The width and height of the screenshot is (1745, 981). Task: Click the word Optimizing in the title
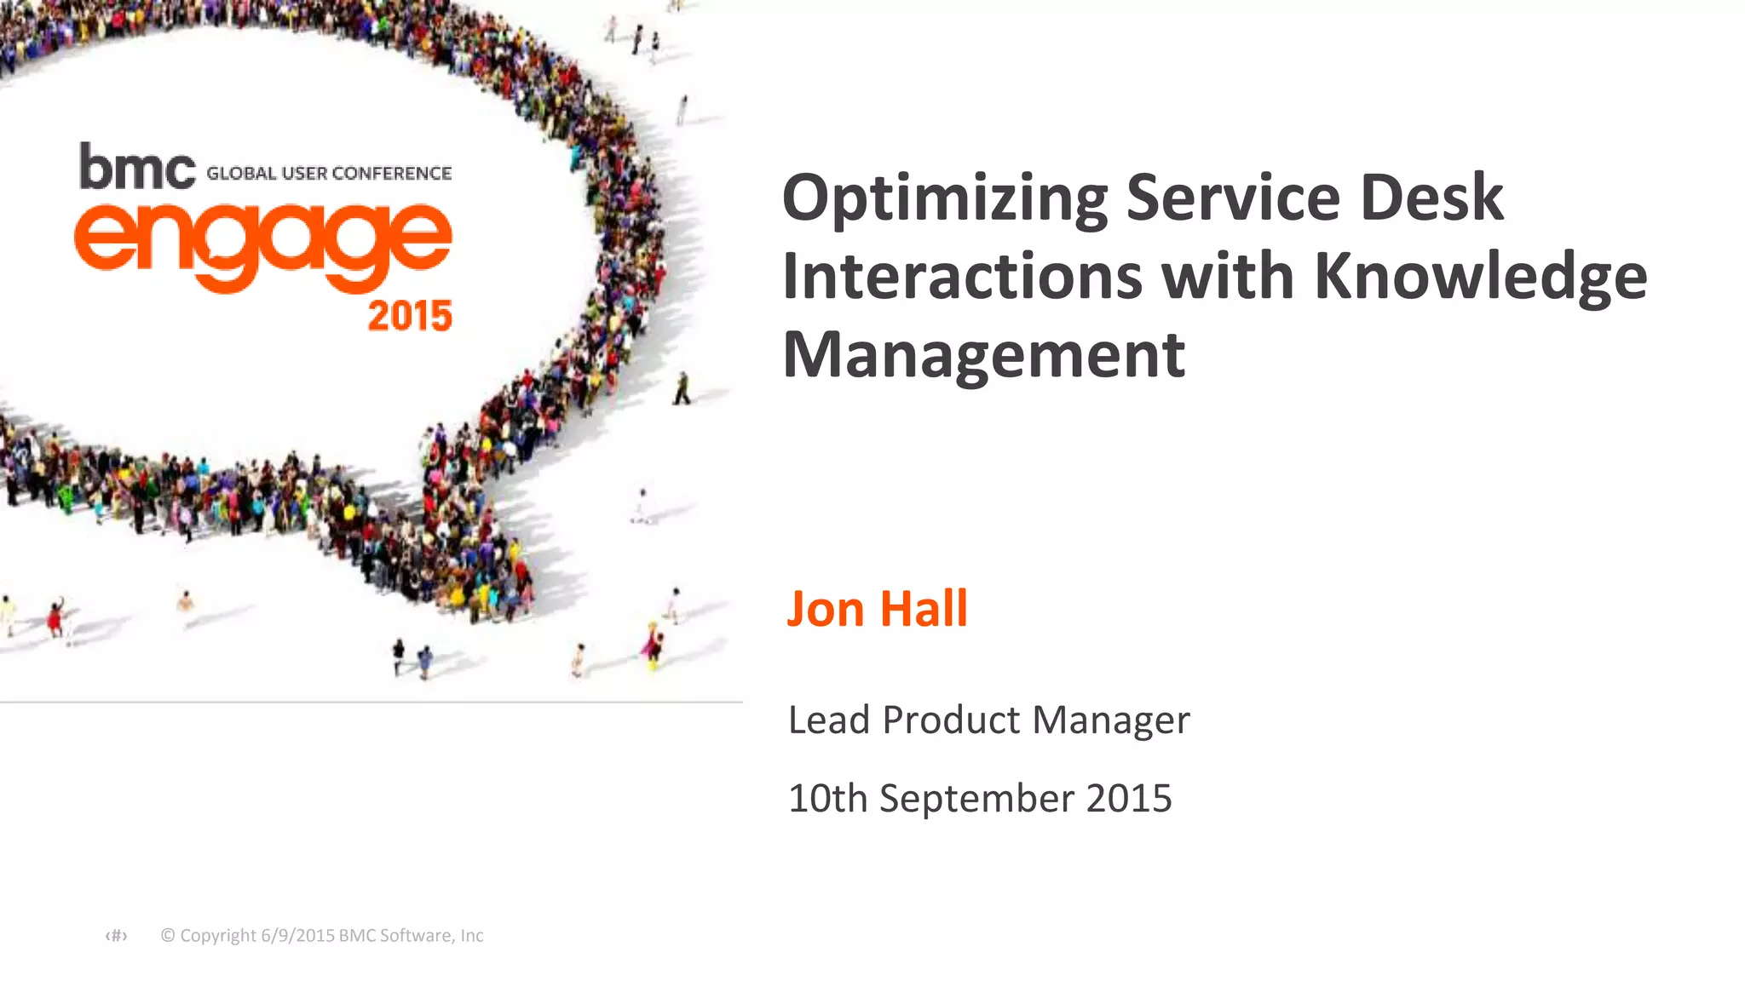point(945,198)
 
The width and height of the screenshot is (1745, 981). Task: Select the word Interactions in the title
point(962,276)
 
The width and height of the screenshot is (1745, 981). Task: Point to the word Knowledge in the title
point(1481,278)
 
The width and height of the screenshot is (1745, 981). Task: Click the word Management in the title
point(983,354)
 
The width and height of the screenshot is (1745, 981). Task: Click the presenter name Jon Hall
point(877,609)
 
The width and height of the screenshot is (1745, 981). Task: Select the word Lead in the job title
point(829,720)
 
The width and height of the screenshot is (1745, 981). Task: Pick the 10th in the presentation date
point(827,799)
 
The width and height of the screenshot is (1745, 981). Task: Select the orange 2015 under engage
point(410,316)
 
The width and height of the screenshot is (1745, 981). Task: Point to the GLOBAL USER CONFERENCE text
point(329,174)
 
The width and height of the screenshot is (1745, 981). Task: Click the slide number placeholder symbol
point(116,936)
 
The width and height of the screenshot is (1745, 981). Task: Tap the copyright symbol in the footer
point(168,935)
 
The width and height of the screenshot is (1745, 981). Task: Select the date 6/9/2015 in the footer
point(297,935)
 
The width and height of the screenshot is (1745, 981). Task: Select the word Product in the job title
point(951,720)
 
